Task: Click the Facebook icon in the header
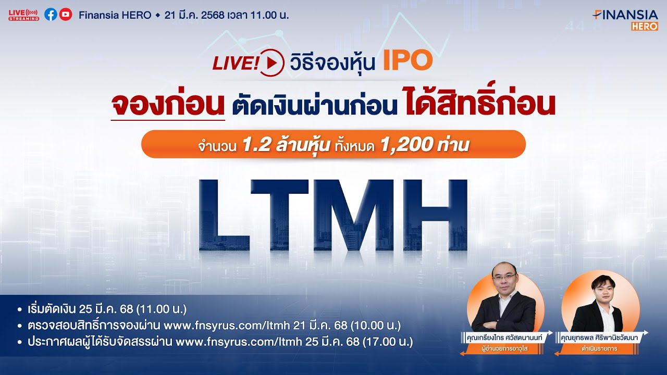pyautogui.click(x=51, y=15)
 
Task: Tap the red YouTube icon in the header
pyautogui.click(x=66, y=15)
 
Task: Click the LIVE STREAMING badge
pyautogui.click(x=24, y=15)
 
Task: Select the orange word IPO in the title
pyautogui.click(x=407, y=61)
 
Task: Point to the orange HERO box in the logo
pyautogui.click(x=645, y=26)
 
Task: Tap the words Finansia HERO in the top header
pyautogui.click(x=115, y=15)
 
